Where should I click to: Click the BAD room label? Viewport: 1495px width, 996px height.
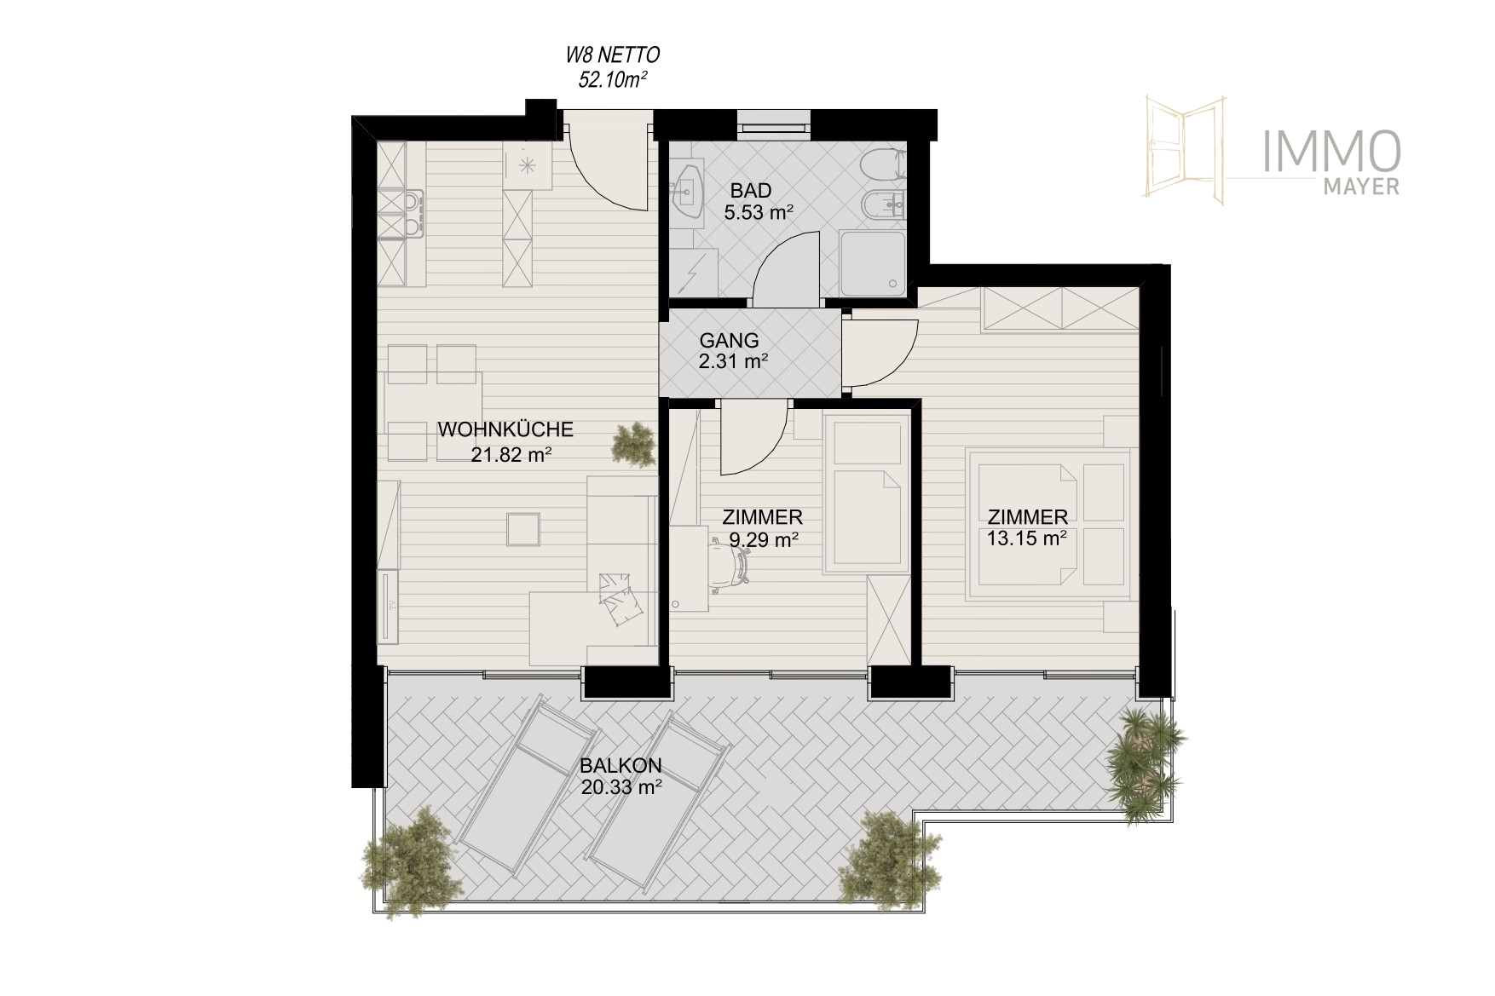point(751,191)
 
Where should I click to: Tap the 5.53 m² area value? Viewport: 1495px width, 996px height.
point(759,213)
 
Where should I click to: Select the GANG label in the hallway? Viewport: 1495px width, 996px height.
point(729,341)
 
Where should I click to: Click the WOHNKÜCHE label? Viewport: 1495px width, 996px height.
point(505,429)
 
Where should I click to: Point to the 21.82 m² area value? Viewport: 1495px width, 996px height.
point(511,455)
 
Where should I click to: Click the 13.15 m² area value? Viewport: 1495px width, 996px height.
point(1027,538)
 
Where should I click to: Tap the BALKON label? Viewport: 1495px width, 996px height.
point(621,765)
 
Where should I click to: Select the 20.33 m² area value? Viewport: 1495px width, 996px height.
point(621,787)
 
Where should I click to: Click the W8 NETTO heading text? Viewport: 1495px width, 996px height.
point(613,56)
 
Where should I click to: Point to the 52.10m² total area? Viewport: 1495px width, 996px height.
point(614,79)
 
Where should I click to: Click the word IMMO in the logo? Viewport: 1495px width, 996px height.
point(1331,152)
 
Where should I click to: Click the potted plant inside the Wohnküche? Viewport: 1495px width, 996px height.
point(635,445)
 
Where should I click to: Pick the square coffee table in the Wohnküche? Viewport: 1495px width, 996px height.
point(522,528)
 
